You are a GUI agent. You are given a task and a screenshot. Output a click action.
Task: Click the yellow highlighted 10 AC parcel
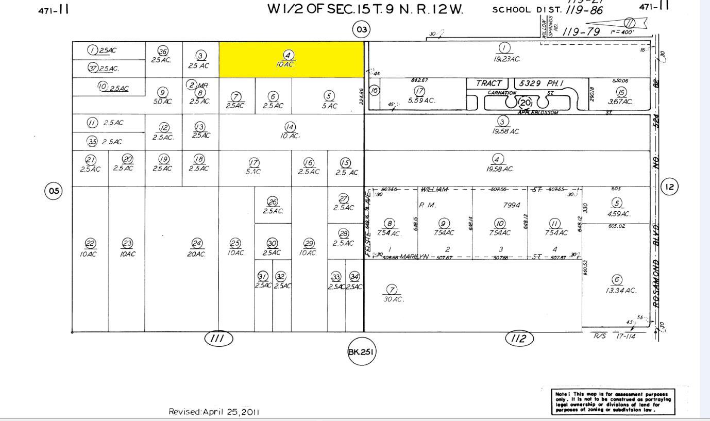[291, 60]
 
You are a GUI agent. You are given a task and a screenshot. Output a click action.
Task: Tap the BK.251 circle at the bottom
[361, 352]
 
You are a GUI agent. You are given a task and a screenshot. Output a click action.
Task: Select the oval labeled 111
[219, 339]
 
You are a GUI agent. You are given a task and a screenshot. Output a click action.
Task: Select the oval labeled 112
[519, 339]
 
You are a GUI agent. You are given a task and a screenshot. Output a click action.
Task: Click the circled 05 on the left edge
[54, 191]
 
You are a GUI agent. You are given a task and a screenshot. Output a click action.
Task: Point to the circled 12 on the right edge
[669, 187]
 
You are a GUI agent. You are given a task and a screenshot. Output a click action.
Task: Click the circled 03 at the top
[362, 29]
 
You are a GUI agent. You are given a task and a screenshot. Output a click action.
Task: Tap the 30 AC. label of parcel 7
[394, 299]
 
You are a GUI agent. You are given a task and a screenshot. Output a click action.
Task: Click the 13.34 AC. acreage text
[621, 291]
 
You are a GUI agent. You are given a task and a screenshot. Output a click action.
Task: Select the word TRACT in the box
[488, 83]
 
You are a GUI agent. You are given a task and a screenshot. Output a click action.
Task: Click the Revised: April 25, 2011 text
[214, 412]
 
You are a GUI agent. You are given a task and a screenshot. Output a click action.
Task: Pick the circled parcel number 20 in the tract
[525, 102]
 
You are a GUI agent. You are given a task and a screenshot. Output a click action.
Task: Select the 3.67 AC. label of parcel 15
[620, 102]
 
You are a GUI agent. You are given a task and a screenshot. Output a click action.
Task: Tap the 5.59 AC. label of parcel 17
[421, 100]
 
